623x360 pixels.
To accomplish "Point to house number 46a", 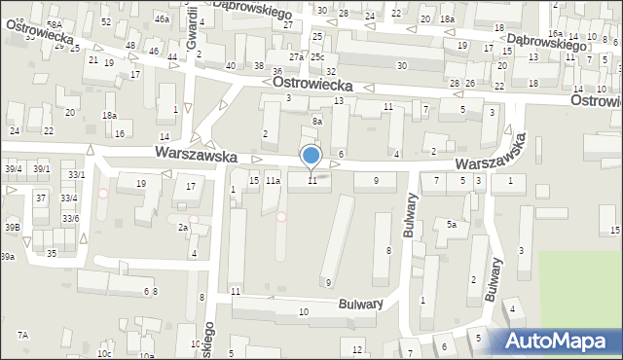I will click(x=162, y=18).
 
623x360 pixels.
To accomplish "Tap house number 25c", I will click(x=317, y=56).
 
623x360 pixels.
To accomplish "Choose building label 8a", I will click(x=317, y=121).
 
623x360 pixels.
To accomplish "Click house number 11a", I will click(x=274, y=181).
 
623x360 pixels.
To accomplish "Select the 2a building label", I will click(x=182, y=227).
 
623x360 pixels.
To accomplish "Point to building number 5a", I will click(x=452, y=224).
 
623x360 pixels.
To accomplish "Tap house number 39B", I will click(x=12, y=227).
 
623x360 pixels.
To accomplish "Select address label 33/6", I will click(x=71, y=219).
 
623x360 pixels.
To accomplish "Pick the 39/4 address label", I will click(x=12, y=168).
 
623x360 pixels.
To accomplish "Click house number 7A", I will click(x=22, y=335).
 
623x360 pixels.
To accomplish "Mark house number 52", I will click(x=105, y=21).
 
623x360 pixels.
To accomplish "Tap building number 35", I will click(x=51, y=253).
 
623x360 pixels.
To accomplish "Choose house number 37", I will click(x=40, y=198).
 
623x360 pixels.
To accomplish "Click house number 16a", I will click(x=554, y=60).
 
